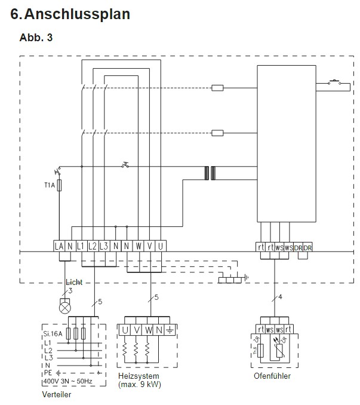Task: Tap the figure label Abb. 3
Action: pyautogui.click(x=36, y=38)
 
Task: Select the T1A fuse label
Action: pyautogui.click(x=49, y=186)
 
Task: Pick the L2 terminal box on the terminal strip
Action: pyautogui.click(x=93, y=246)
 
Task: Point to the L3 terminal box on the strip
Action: pyautogui.click(x=104, y=246)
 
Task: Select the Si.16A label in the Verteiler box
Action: pyautogui.click(x=53, y=335)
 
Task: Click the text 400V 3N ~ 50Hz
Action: pyautogui.click(x=68, y=381)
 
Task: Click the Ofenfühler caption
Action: pyautogui.click(x=272, y=376)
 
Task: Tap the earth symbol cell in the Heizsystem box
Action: pyautogui.click(x=169, y=330)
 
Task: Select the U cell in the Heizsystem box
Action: pyautogui.click(x=125, y=330)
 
